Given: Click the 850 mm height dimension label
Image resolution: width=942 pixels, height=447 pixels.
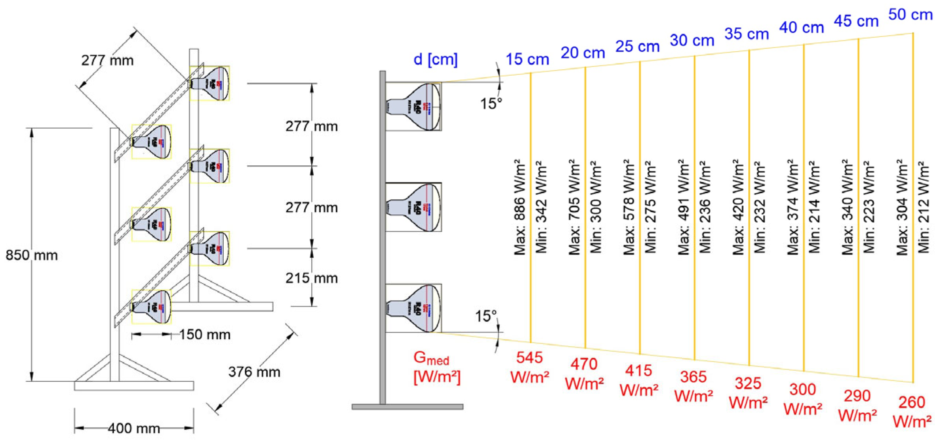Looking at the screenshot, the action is click(x=32, y=256).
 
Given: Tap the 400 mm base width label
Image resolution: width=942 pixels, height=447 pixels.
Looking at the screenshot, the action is click(x=134, y=428).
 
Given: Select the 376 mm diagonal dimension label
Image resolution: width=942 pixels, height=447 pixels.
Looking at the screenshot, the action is click(x=254, y=372).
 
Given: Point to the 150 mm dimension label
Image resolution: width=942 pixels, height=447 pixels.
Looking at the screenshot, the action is click(x=205, y=335).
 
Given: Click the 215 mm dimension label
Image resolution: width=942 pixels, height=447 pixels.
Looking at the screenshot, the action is click(x=312, y=279).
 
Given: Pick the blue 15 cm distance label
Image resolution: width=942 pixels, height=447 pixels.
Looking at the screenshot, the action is click(x=527, y=60).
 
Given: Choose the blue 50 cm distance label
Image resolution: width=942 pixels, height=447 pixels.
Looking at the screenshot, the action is click(x=910, y=15).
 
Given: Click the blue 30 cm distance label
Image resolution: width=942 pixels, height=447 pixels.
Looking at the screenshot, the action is click(x=692, y=40).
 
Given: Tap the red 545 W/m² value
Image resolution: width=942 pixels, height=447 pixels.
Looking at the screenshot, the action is click(x=529, y=367).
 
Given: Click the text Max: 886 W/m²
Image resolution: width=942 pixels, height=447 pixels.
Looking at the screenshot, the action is click(x=520, y=208).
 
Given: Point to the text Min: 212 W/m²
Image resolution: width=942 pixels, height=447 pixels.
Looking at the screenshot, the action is click(x=924, y=208).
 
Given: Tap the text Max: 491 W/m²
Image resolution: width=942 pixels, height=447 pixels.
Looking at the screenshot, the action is click(x=684, y=208).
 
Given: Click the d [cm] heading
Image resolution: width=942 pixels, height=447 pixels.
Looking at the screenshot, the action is click(x=435, y=60).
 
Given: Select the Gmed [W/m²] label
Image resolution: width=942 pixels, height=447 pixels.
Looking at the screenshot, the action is click(x=436, y=367).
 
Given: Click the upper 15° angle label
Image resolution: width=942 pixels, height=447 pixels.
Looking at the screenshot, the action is click(x=491, y=104).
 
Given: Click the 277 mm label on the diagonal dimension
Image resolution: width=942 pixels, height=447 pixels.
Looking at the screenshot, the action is click(x=107, y=61).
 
